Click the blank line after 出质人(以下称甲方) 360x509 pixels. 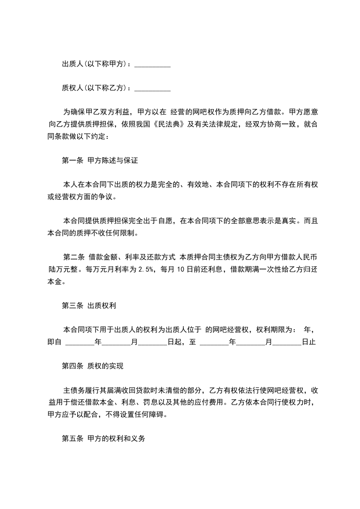(153, 65)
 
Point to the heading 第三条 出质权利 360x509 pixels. (89, 306)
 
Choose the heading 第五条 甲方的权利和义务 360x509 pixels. (103, 439)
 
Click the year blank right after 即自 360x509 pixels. (80, 342)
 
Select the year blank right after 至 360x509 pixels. (214, 342)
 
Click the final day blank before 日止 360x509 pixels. (287, 342)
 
